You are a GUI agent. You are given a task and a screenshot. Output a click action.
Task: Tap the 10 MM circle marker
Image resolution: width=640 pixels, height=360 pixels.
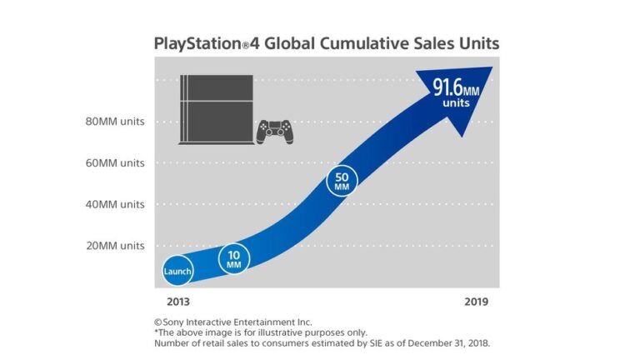tap(233, 259)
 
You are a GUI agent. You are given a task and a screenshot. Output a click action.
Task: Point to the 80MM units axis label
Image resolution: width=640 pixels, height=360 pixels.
tap(115, 122)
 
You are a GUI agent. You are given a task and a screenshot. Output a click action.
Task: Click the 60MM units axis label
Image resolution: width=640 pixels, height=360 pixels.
tap(115, 163)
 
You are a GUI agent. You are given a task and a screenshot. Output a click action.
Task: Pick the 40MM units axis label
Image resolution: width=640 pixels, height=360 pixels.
tap(115, 204)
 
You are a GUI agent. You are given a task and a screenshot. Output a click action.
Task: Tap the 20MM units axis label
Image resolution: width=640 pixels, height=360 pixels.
tap(115, 246)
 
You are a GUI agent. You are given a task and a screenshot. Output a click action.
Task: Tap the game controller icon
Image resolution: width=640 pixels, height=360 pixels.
tap(273, 130)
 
